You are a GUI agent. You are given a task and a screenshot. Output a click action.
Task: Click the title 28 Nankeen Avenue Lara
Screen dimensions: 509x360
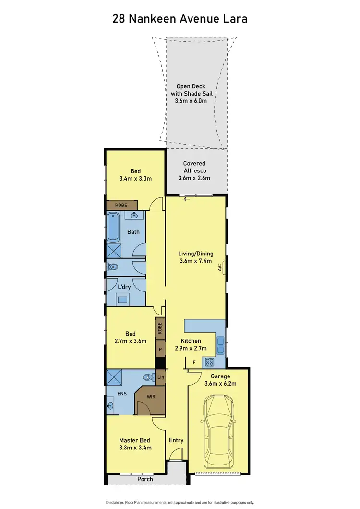click(180, 19)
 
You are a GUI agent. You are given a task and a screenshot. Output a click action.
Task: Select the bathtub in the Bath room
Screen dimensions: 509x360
click(114, 227)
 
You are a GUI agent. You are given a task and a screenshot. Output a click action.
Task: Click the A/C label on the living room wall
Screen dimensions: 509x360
click(220, 267)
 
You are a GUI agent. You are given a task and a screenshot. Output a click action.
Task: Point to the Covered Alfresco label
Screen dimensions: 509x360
click(194, 170)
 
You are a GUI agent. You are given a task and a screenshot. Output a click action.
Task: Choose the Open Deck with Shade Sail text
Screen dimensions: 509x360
click(192, 94)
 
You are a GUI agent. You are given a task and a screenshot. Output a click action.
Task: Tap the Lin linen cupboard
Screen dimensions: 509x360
click(160, 377)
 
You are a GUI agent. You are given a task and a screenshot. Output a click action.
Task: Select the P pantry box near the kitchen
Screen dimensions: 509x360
click(160, 349)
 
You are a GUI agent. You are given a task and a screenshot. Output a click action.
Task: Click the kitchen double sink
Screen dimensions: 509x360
click(221, 342)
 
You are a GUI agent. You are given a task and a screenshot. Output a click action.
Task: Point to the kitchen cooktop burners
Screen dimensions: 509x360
click(210, 362)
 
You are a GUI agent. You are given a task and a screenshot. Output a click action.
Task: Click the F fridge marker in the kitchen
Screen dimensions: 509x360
click(193, 362)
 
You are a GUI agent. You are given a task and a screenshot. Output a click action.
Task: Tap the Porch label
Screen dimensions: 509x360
click(145, 479)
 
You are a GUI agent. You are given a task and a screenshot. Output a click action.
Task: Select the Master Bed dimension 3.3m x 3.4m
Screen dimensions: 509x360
click(135, 448)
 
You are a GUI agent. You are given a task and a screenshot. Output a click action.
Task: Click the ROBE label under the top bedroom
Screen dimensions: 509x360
click(120, 205)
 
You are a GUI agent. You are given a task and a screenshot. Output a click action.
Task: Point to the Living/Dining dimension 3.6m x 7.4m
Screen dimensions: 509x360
click(195, 261)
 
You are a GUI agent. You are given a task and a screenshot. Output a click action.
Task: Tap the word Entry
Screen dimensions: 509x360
click(176, 440)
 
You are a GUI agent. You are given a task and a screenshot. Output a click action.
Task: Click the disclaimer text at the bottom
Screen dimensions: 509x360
click(180, 502)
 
